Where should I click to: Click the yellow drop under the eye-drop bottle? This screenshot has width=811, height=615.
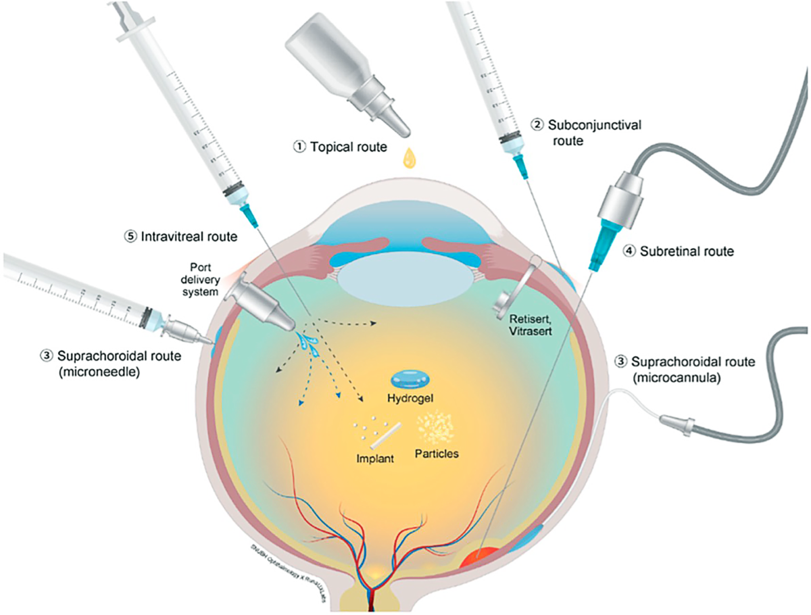coord(408,159)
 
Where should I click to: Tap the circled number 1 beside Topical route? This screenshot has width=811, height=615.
coord(298,145)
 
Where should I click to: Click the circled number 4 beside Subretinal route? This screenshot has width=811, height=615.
coord(629,251)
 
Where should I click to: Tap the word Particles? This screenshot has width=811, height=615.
coord(438,453)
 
